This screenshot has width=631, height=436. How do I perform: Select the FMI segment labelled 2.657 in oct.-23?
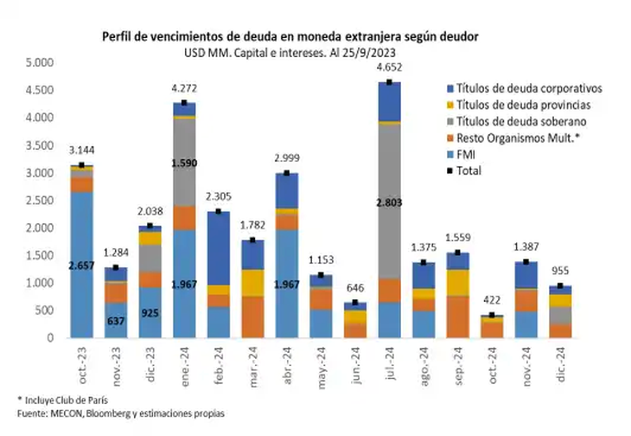click(82, 264)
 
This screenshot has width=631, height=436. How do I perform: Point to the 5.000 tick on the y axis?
click(39, 63)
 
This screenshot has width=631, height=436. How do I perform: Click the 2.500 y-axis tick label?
click(39, 201)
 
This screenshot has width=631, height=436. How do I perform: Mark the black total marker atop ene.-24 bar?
click(184, 103)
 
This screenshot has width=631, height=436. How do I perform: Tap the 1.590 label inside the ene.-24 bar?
click(184, 163)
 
